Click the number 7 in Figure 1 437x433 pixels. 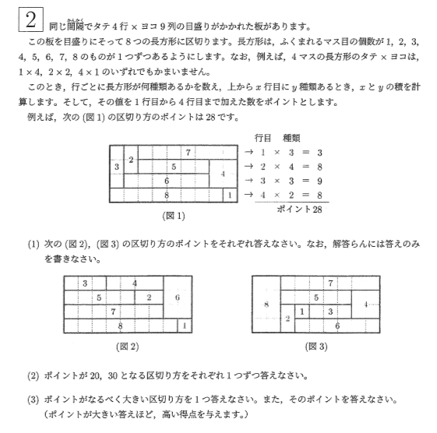click(188, 152)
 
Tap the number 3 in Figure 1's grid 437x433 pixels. click(117, 167)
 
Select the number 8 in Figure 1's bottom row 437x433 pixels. click(167, 195)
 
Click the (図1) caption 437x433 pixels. click(172, 213)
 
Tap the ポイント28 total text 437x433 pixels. click(299, 209)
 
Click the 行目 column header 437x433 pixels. click(265, 137)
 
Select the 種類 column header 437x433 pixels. click(298, 137)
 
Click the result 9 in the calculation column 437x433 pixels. click(319, 181)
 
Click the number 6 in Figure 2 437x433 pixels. click(177, 297)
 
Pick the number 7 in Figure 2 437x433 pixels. click(113, 312)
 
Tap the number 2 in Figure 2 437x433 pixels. click(148, 297)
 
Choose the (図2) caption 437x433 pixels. click(127, 345)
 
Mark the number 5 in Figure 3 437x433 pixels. click(315, 297)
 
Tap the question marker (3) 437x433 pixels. click(33, 399)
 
